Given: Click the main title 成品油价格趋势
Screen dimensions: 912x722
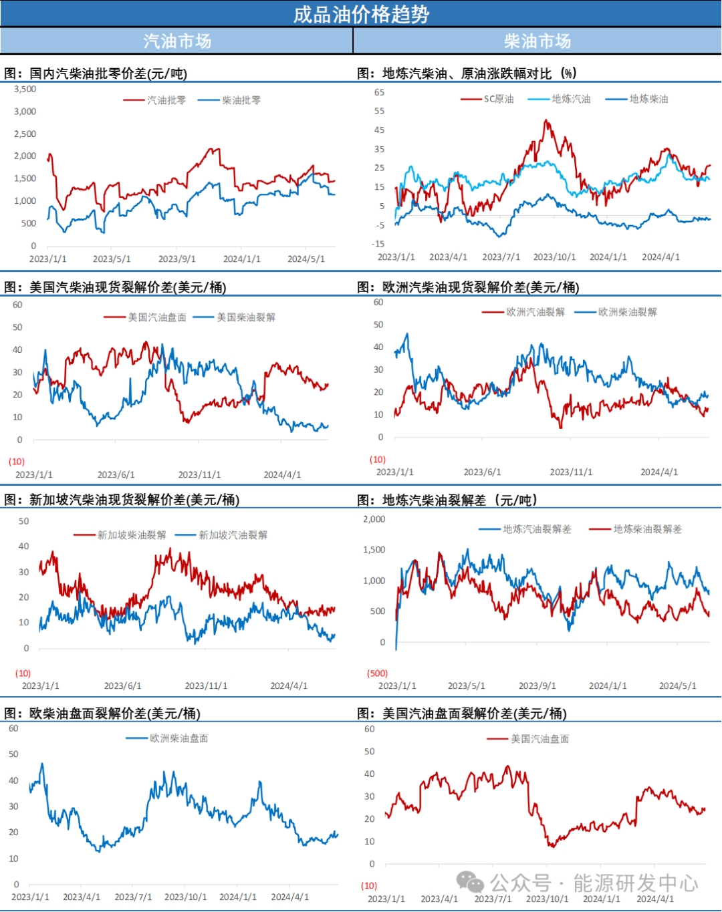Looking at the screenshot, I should (361, 14).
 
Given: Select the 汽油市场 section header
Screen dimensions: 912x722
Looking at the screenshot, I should (177, 41).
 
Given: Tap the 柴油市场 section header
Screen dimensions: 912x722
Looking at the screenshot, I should (537, 41).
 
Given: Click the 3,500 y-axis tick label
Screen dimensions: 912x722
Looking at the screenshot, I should (25, 89).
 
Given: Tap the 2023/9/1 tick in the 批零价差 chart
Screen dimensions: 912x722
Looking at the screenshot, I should (176, 259).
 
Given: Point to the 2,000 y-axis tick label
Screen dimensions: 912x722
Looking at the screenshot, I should (374, 519).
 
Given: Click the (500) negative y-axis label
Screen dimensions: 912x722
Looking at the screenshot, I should (377, 673).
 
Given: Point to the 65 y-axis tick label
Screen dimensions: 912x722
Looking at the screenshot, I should (379, 92).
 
